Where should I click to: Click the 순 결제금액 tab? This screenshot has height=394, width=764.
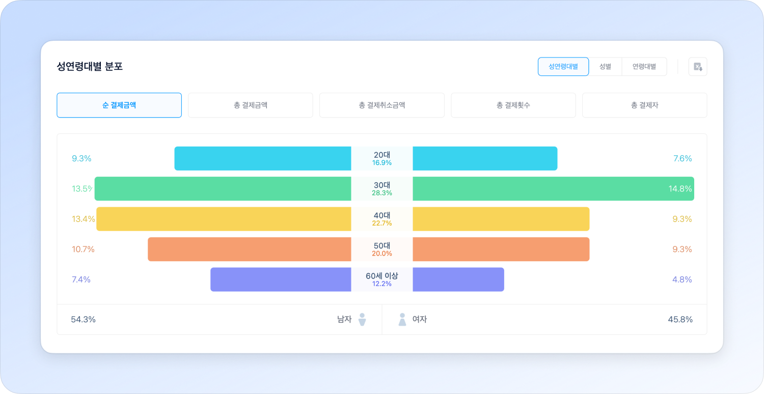pos(119,105)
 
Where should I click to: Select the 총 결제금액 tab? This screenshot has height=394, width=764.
pos(250,105)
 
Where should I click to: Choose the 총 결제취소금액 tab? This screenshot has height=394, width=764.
pos(381,105)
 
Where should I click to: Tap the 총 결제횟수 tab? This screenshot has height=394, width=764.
pos(513,105)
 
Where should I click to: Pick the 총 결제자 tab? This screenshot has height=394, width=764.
pos(644,105)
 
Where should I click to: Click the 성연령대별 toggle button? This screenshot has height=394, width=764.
pos(563,67)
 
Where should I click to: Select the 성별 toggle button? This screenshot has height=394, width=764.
pos(605,67)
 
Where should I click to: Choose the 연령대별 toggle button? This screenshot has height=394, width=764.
pos(644,67)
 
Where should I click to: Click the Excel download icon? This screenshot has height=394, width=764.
pos(698,67)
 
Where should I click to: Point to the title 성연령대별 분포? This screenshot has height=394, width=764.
pos(90,67)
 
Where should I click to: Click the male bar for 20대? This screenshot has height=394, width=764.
pos(262,158)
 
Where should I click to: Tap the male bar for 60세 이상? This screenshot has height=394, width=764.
pos(280,279)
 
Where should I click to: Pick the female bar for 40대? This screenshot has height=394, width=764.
pos(501,219)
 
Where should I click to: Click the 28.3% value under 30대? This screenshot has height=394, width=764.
pos(382,193)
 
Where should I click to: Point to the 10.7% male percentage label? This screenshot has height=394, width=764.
pos(83,249)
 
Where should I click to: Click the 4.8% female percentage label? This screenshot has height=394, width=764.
pos(683,279)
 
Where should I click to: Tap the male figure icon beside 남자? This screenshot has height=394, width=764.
pos(362,320)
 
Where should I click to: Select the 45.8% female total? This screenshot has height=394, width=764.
pos(680,320)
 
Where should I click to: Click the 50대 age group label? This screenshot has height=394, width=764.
pos(382,245)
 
